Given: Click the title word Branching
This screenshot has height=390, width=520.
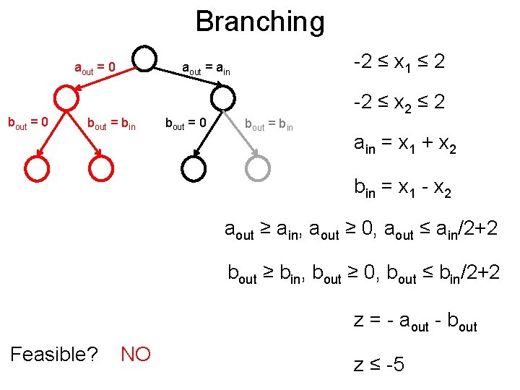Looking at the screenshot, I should coord(260,22).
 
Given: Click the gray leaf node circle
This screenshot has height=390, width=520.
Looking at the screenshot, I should coord(257,168).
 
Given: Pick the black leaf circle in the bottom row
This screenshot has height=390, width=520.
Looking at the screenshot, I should coord(194,168).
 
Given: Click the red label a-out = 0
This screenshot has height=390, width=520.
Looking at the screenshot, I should coord(95,69).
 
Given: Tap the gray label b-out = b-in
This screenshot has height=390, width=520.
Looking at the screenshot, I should coord(269,125).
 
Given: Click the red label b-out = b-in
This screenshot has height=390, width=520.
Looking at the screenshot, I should coord(110,124).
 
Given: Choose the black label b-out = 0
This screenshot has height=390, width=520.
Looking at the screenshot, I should coord(186,124).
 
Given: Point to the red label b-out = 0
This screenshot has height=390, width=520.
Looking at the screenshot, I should coord(27,123).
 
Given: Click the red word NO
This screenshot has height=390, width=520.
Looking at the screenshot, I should coord(136,355).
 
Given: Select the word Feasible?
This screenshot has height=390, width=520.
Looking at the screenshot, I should coord(55,355).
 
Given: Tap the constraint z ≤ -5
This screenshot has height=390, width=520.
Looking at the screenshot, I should coord(380,365).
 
